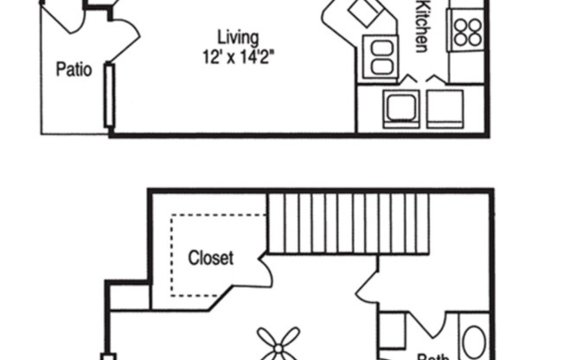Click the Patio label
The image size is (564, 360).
[74, 69]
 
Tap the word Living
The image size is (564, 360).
[237, 37]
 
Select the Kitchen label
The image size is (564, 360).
[423, 26]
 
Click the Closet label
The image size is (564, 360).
[210, 258]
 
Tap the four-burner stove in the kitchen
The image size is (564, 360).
[467, 31]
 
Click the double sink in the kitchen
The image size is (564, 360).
[381, 59]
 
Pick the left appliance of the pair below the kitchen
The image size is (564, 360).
[401, 108]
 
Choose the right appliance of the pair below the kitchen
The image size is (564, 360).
[443, 108]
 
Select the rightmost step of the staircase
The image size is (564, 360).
[424, 222]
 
